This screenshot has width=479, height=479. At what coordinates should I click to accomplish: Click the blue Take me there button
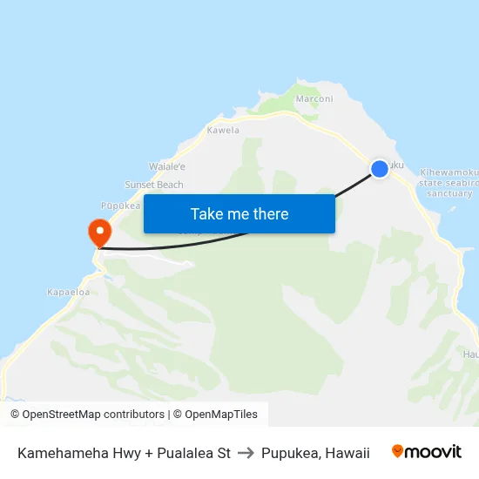[x=239, y=213]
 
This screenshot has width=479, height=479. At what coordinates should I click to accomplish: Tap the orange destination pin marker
[x=99, y=233]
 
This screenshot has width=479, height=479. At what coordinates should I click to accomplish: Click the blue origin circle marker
[x=380, y=169]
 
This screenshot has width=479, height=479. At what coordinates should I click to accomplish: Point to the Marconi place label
[x=314, y=98]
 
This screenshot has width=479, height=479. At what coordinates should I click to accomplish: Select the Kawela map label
[x=223, y=131]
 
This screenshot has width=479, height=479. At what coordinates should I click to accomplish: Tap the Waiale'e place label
[x=167, y=166]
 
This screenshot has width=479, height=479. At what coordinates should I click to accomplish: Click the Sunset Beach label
[x=154, y=185]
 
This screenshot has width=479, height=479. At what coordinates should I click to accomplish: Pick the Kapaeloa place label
[x=68, y=293]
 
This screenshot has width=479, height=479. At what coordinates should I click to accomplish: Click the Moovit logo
[x=427, y=452]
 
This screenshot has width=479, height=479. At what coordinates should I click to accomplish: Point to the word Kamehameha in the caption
[x=57, y=453]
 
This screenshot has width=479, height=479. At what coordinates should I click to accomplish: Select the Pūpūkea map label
[x=120, y=206]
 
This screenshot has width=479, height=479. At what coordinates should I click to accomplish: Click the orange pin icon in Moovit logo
[x=398, y=451]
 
